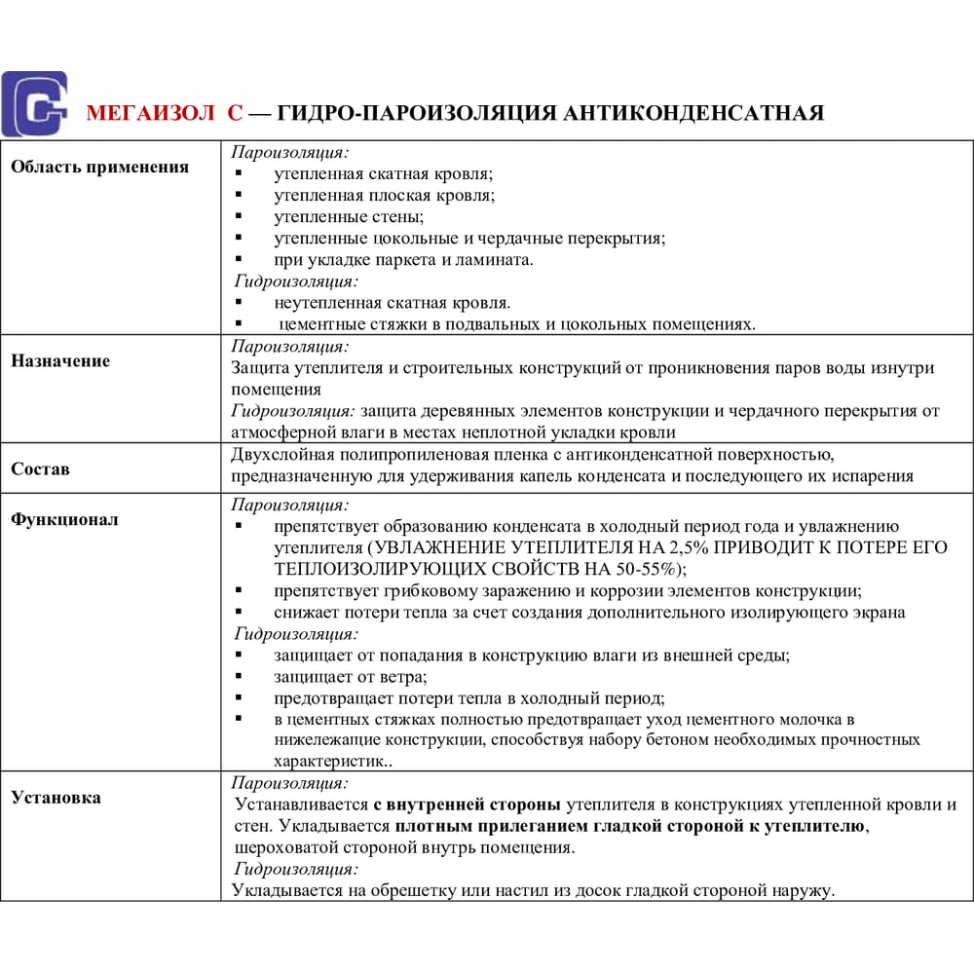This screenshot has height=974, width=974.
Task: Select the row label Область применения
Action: pos(99,167)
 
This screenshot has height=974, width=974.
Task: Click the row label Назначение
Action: pos(60,360)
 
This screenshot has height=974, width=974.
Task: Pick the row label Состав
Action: pos(40,468)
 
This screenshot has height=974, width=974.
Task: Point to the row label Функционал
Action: pos(64,519)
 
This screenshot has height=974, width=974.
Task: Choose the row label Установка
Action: pos(56,798)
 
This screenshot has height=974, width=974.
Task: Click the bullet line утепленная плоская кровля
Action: pos(384,195)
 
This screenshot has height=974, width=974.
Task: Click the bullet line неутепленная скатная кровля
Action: pos(392,303)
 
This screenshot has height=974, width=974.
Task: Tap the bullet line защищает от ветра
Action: pos(351,676)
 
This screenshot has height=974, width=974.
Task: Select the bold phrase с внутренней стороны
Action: pos(467,805)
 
